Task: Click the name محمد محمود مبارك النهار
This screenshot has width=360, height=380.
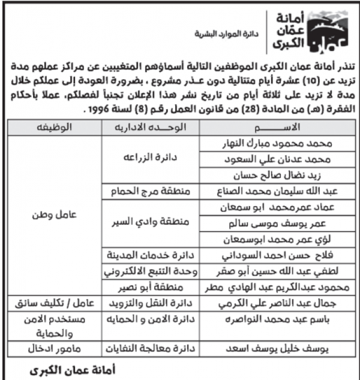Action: [x=275, y=144]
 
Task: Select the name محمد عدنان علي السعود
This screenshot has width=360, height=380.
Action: [x=275, y=159]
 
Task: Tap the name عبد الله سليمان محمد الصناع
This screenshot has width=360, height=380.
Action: [x=269, y=191]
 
